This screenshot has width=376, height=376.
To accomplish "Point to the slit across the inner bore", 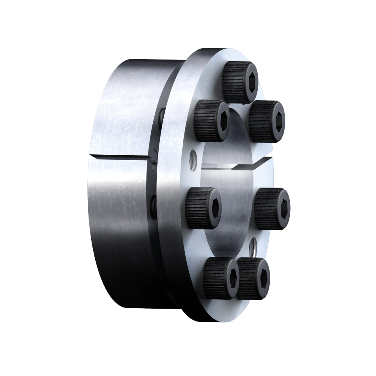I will (x=235, y=165).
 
